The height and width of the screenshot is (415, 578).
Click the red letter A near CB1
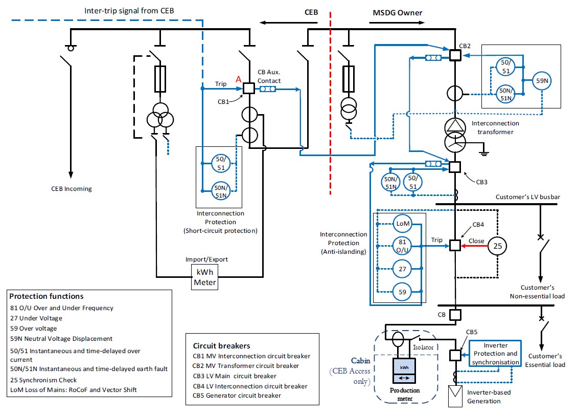pyautogui.click(x=238, y=79)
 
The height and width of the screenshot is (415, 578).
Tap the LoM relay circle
pyautogui.click(x=402, y=223)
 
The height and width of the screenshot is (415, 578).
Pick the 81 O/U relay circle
pyautogui.click(x=402, y=246)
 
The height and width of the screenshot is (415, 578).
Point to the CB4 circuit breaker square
pyautogui.click(x=454, y=246)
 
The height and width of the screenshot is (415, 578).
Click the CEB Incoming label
pyautogui.click(x=72, y=189)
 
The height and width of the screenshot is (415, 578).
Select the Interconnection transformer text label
pyautogui.click(x=495, y=127)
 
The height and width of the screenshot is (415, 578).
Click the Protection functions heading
pyautogui.click(x=47, y=296)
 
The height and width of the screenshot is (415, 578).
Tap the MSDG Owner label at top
pyautogui.click(x=396, y=12)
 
